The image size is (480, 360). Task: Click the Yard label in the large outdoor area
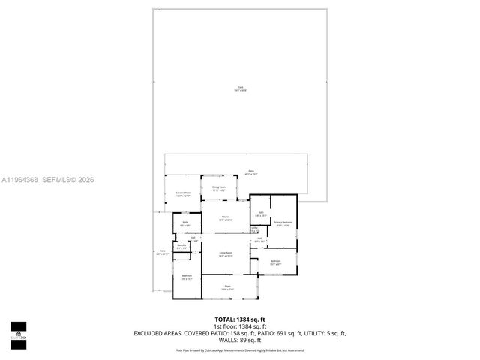point(240,88)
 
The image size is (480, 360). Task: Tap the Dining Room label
point(218,188)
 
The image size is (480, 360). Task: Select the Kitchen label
point(226,219)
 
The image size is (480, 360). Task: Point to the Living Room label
point(226,253)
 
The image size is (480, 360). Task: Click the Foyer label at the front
point(226,287)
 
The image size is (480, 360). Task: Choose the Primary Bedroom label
point(282,223)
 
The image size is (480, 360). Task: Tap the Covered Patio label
point(183,195)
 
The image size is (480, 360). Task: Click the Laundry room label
point(181,246)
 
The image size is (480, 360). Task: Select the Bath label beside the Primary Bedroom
point(259,214)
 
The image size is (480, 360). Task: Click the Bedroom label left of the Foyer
point(187,277)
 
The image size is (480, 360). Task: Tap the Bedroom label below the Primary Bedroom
point(276,262)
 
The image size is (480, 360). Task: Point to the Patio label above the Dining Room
point(251,172)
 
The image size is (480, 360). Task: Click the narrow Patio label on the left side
point(162,252)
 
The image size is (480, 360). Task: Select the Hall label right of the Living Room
point(259,240)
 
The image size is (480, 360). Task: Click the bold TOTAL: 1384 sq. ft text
point(240,319)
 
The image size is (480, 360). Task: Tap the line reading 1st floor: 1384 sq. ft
point(240,325)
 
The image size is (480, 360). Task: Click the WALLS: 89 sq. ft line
point(240,339)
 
